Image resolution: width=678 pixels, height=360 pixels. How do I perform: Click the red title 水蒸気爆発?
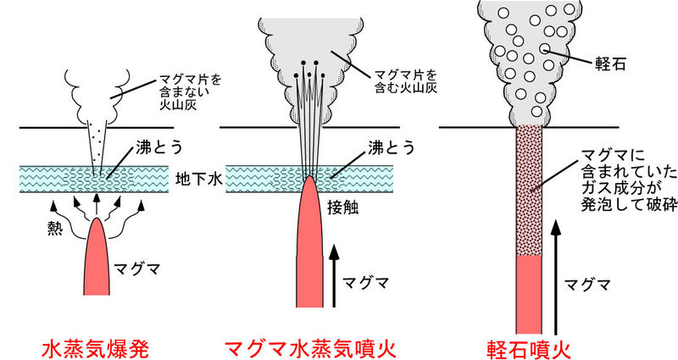pos(97,347)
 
